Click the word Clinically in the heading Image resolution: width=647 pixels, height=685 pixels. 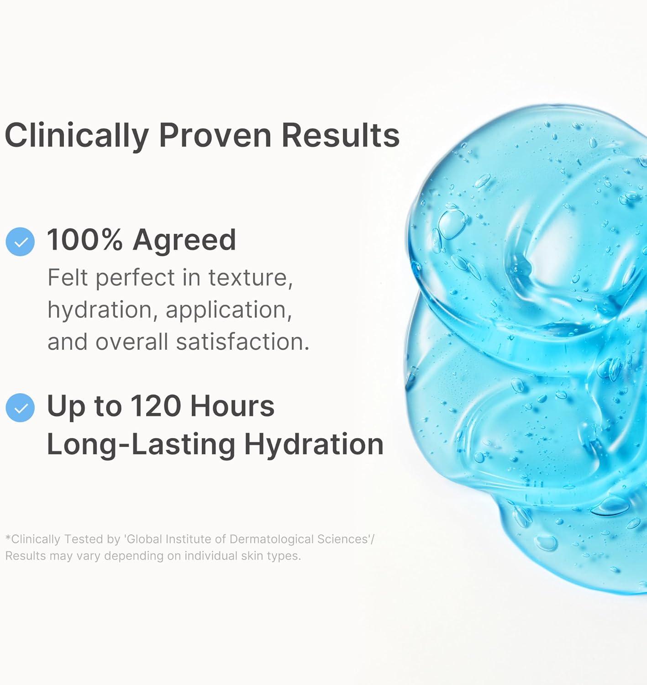[77, 136]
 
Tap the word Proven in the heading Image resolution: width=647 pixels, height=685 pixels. [215, 136]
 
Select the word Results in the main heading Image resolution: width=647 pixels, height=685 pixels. [340, 136]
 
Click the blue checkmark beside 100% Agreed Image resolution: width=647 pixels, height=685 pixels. [20, 242]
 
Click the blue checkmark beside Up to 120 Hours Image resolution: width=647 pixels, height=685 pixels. [20, 407]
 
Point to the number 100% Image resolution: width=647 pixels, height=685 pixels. [85, 240]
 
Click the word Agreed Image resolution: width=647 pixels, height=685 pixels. [184, 240]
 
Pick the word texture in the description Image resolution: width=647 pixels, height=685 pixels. [250, 278]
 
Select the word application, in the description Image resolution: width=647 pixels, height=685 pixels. [228, 310]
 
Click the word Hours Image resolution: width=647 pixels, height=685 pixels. [232, 406]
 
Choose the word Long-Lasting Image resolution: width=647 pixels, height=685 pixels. [141, 444]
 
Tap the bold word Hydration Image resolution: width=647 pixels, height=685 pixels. [314, 444]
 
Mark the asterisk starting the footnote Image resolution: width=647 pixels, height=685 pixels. [8, 538]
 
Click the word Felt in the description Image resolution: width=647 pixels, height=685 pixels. [68, 278]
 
